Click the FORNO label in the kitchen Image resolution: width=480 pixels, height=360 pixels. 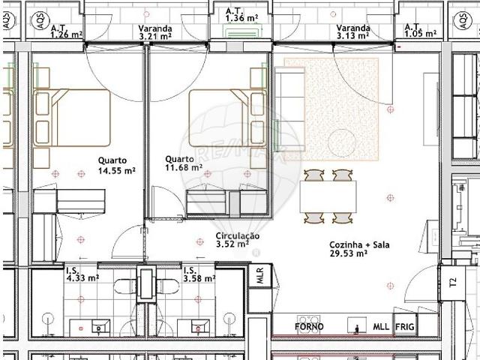point(309,327)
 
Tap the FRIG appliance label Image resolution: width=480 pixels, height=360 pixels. point(405,327)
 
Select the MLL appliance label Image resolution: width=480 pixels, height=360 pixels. point(381,327)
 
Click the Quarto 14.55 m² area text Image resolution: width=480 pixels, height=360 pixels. point(115,166)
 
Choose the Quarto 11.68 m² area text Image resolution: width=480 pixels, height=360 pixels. point(183,163)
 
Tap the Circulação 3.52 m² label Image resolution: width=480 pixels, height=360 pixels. point(237,239)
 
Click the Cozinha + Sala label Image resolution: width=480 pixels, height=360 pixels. point(358,249)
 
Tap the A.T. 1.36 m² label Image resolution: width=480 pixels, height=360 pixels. point(243,14)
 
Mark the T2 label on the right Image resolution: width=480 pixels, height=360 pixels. point(452,283)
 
